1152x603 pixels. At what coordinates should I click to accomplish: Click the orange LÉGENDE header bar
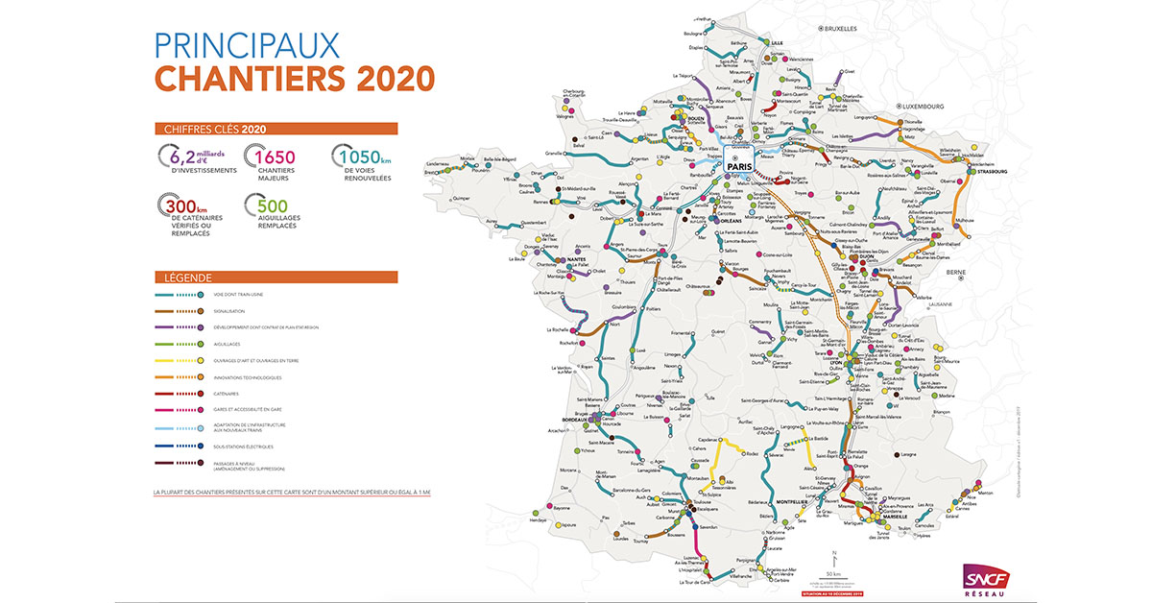[x=276, y=277]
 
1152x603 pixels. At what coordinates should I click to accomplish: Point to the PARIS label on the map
[x=740, y=164]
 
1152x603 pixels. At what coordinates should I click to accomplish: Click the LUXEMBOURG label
[x=923, y=106]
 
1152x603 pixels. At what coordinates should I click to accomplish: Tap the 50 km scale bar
[x=836, y=567]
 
